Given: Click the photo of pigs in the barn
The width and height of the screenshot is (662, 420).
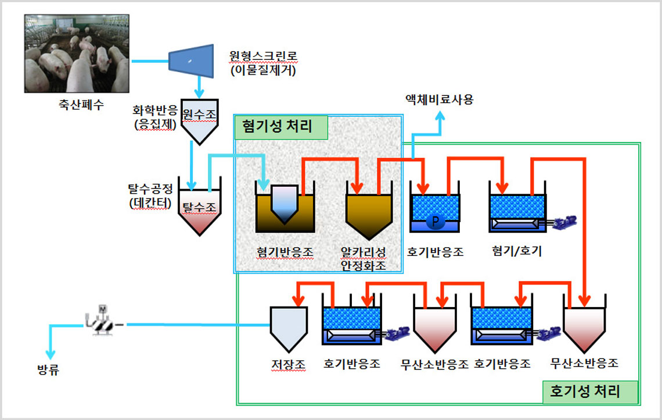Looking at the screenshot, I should pos(76,54).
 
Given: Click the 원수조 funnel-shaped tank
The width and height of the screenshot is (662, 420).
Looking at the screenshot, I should pos(200,123).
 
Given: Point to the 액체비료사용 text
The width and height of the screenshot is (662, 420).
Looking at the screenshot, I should pos(440,99).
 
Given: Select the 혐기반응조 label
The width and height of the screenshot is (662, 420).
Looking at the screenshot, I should pos(285,252).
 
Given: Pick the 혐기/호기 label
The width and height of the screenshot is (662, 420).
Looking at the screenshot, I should pos(516,251).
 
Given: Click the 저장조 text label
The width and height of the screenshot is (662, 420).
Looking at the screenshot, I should pos(288,365).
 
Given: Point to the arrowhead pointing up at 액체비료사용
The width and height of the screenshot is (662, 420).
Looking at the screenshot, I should pos(440,116).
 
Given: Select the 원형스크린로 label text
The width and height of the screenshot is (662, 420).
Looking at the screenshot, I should pos(264,57).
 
